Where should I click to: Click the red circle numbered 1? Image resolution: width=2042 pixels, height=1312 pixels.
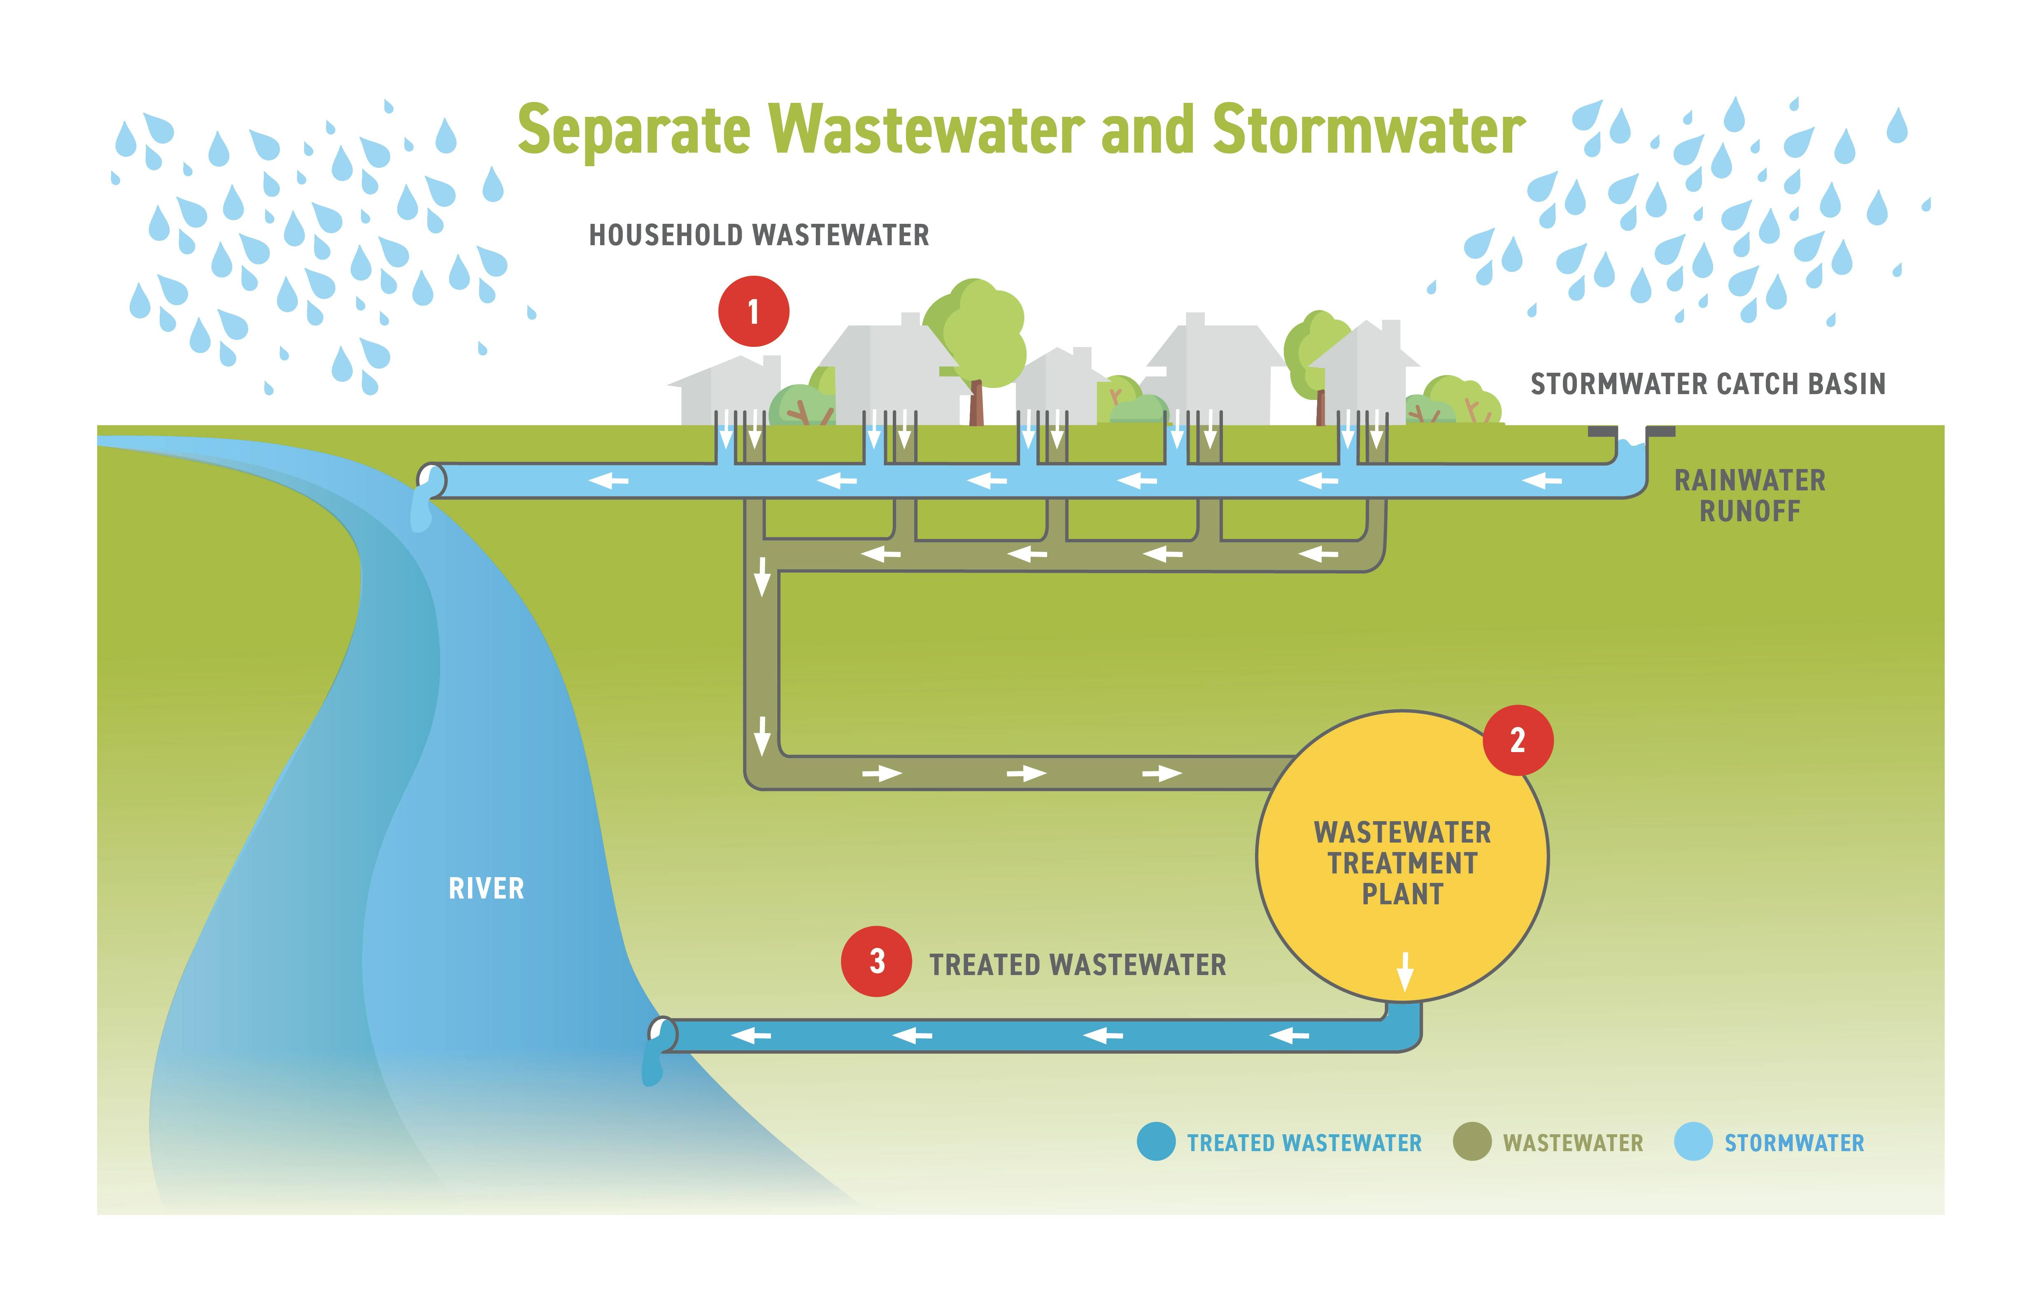coord(753,312)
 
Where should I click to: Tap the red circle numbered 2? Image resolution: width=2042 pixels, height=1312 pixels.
coord(1518,741)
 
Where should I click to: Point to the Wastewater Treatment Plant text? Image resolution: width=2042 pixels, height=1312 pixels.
coord(1402,863)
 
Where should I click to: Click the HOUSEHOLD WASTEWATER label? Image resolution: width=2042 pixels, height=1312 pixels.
coord(759,235)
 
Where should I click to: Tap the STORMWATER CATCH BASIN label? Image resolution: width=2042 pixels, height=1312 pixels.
coord(1708,384)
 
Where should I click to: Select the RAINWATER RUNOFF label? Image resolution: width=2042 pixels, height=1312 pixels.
coord(1750,496)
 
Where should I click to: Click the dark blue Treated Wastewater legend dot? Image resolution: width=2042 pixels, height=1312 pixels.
coord(1157,1142)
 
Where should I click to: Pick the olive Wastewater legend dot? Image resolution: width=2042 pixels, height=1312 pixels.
coord(1472,1142)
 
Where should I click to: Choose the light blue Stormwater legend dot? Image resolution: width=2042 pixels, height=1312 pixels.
coord(1693,1142)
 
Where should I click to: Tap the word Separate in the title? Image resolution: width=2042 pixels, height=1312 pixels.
coord(634,130)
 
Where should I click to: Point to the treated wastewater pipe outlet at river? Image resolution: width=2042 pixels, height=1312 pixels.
coord(662,1035)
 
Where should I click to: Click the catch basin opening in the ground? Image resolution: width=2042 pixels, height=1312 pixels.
coord(1631,436)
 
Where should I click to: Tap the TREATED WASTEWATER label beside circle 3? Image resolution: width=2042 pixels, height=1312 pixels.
coord(1077,965)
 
